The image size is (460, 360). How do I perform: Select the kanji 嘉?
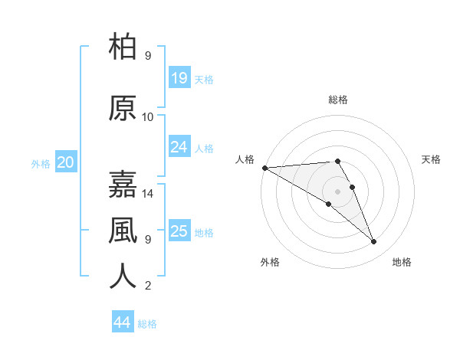(x=123, y=184)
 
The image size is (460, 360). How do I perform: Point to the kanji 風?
(x=123, y=230)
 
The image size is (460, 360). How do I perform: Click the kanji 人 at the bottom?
(x=123, y=276)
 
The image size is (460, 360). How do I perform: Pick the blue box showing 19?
(x=179, y=78)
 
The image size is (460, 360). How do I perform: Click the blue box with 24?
(x=179, y=147)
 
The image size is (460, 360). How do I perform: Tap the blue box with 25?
(x=179, y=231)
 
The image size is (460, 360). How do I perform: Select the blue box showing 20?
(x=66, y=162)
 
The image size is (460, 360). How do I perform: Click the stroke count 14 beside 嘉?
(x=148, y=194)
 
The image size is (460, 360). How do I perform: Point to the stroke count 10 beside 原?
(x=148, y=117)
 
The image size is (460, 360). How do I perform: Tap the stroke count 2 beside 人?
(x=148, y=286)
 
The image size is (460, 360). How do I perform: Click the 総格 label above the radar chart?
(x=338, y=100)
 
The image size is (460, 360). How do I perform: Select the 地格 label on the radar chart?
(x=402, y=262)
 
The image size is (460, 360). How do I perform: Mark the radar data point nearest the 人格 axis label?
(x=264, y=168)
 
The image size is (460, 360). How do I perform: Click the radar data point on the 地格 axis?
(x=374, y=242)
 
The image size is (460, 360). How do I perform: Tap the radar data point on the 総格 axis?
(x=337, y=161)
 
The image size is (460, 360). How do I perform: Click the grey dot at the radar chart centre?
(x=338, y=191)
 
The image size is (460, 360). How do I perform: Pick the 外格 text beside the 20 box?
(x=41, y=163)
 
